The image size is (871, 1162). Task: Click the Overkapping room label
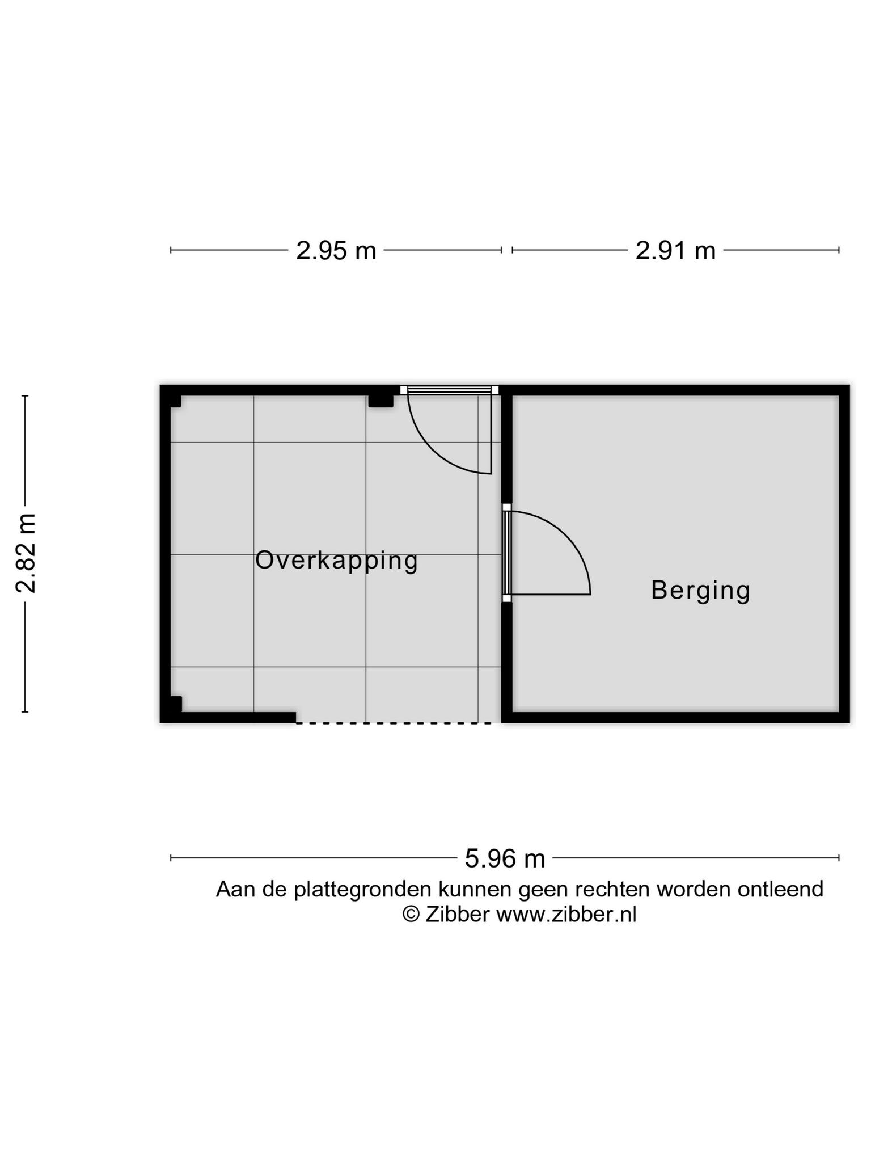(336, 561)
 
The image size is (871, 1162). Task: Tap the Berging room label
(700, 591)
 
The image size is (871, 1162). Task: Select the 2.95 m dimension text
(336, 250)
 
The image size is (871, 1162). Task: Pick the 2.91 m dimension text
(675, 250)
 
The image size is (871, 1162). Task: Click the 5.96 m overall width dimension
(505, 858)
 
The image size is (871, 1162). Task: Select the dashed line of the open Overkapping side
(394, 723)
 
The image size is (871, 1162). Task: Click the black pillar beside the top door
(380, 401)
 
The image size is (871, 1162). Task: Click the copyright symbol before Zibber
(411, 915)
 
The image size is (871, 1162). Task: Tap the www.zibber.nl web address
(566, 915)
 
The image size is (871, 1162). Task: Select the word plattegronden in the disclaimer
(362, 890)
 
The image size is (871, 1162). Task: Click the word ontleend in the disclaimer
(780, 889)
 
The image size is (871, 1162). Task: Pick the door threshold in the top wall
(449, 390)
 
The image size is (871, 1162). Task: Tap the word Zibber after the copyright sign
(457, 915)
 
